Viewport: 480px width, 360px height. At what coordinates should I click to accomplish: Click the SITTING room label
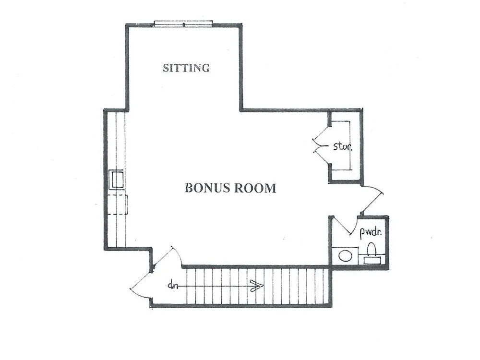186,68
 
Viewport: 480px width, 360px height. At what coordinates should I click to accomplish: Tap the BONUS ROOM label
230,188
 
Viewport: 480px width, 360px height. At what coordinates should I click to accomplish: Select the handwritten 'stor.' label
343,146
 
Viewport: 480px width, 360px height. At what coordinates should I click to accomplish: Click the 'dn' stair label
173,286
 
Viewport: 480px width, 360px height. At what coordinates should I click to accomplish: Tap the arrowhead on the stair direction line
257,286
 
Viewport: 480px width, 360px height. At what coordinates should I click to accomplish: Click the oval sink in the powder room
345,256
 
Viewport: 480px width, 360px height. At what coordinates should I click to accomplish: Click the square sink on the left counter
117,180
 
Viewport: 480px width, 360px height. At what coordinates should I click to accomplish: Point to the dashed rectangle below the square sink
118,204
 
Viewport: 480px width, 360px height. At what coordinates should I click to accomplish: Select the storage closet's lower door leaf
322,158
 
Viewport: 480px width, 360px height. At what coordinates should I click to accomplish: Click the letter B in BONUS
189,188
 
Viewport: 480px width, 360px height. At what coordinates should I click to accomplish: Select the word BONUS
207,188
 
